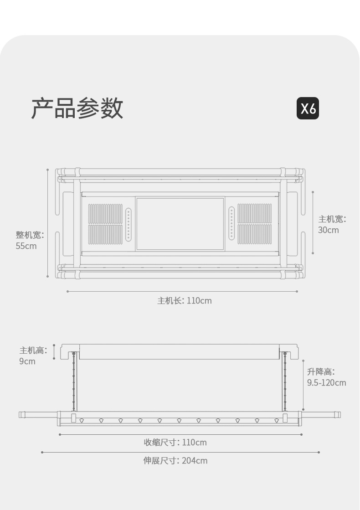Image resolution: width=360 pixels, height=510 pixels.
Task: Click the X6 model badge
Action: coord(308,108)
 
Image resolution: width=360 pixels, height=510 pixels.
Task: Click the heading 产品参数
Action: coord(77,108)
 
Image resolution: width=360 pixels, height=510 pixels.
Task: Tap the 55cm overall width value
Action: coord(26,246)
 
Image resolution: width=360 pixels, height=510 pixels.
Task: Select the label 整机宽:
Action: coord(30,235)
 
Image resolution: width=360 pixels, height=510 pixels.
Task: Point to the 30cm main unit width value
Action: coord(328,230)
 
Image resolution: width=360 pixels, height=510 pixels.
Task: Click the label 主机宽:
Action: coord(332,219)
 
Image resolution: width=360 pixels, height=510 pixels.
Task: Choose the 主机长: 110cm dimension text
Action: coord(185,301)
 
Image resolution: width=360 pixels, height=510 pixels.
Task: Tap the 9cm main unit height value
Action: coord(27,361)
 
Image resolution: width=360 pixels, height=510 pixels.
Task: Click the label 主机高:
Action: coord(33,350)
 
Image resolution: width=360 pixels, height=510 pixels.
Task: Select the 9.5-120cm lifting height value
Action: coord(326,383)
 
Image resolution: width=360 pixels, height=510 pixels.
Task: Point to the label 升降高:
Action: coord(320,372)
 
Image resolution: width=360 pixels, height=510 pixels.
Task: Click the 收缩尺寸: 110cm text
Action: coord(175,443)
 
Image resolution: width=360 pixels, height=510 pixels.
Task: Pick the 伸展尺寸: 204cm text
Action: coord(175,461)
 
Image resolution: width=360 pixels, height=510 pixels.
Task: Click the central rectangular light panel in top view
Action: coord(180,223)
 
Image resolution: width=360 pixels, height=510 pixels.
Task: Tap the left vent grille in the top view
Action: coord(105,224)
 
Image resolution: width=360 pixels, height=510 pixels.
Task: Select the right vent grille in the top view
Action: coord(254,224)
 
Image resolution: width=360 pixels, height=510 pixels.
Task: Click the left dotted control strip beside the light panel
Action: coord(129,224)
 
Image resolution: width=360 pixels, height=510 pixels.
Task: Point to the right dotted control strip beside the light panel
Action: coord(231,224)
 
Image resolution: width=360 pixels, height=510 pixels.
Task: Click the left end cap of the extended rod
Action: coord(21,415)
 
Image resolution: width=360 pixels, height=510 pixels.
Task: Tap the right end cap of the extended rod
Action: coord(338,415)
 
